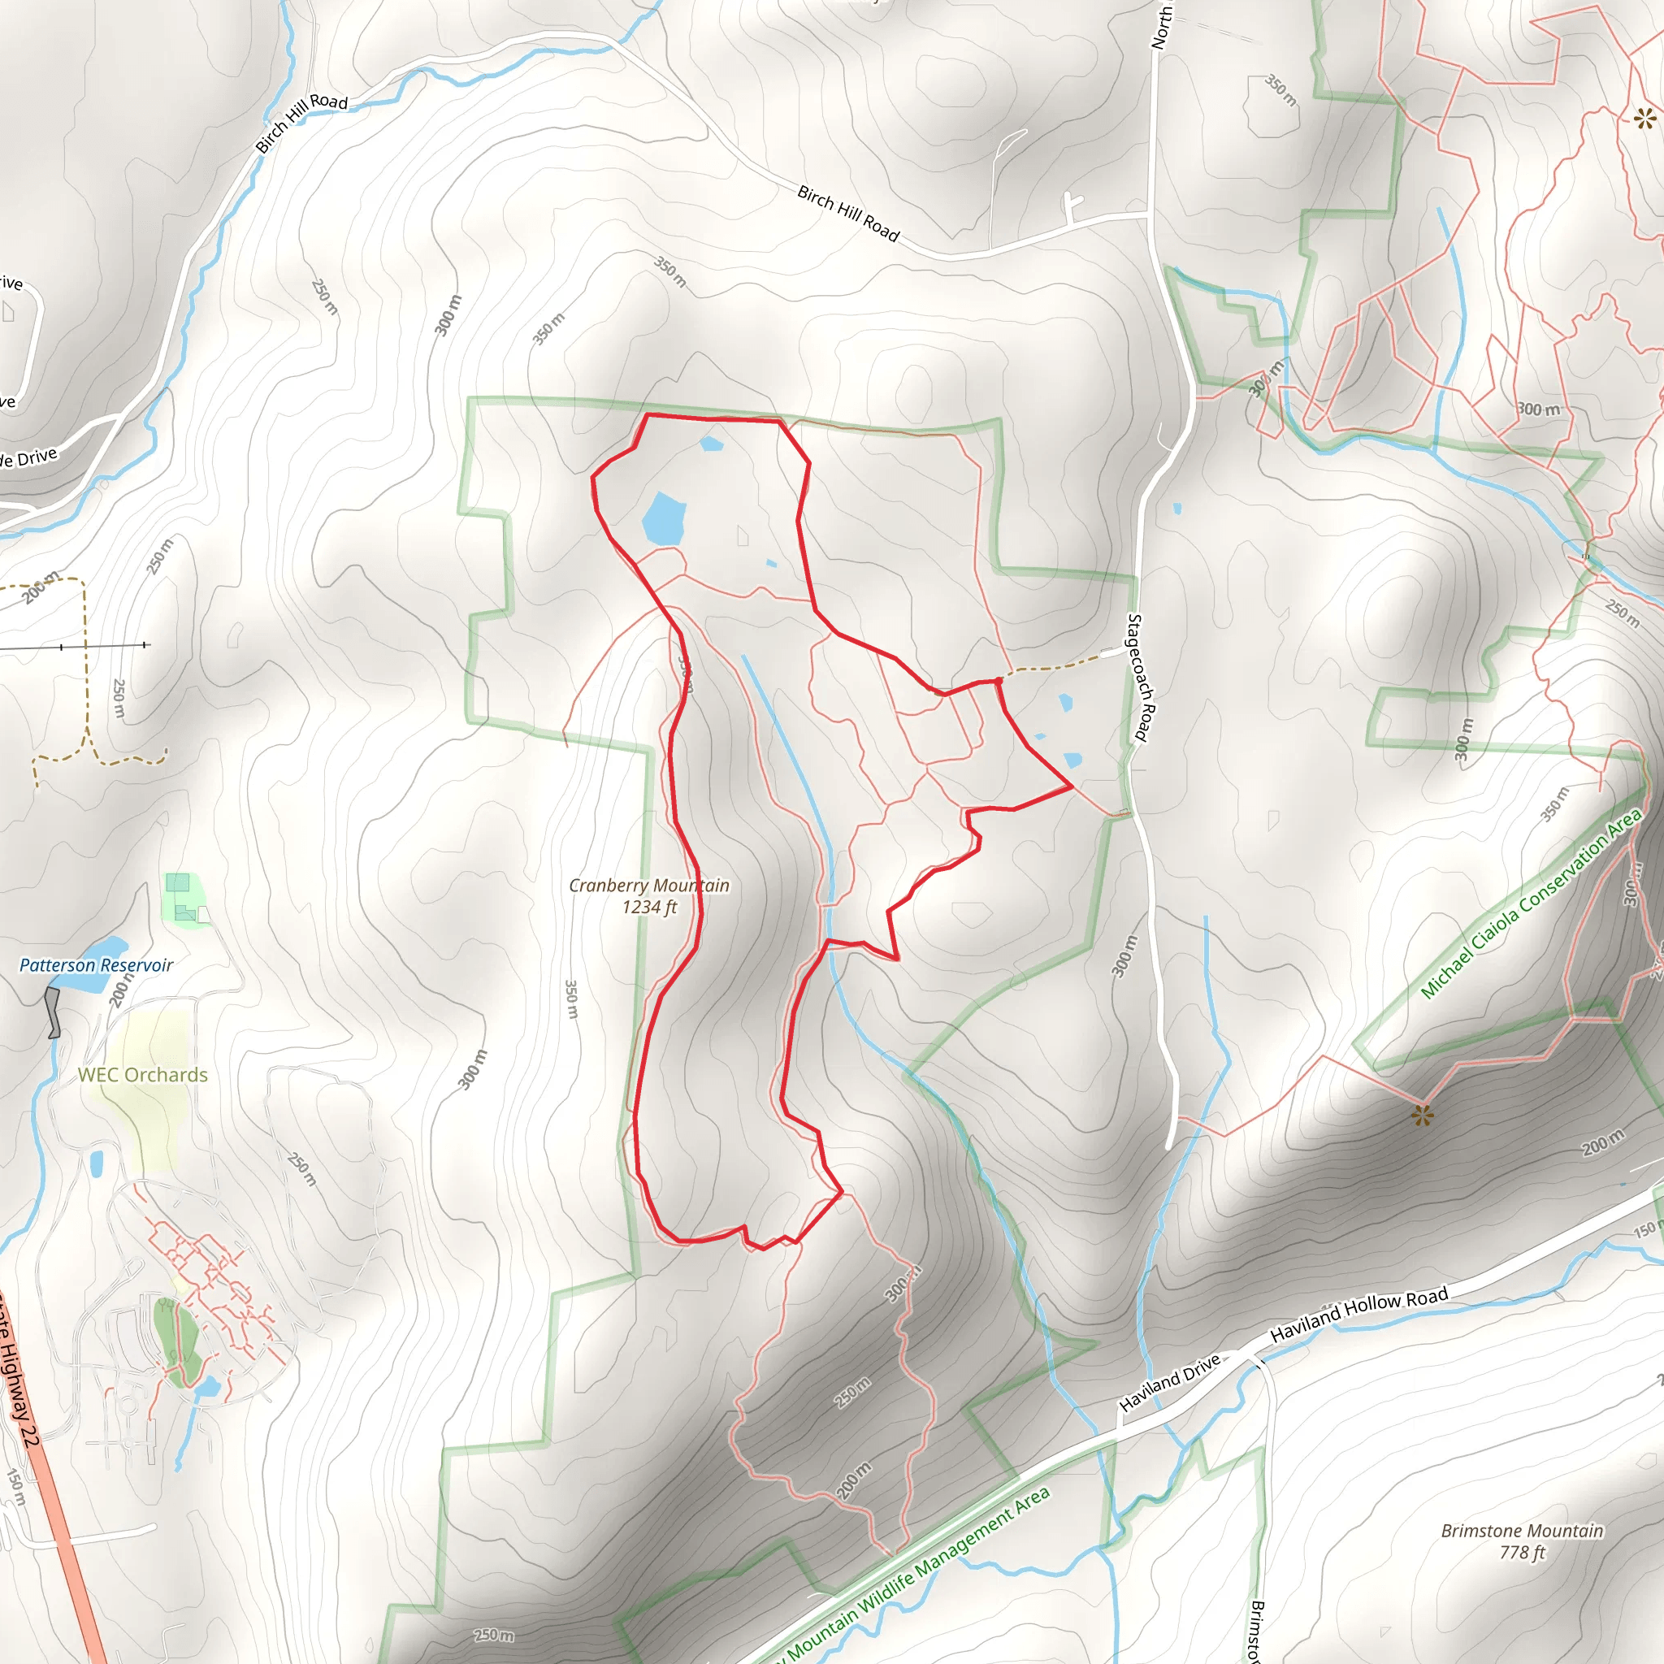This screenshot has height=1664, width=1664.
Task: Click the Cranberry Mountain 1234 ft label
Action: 648,895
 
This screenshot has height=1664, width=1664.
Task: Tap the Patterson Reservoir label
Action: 97,965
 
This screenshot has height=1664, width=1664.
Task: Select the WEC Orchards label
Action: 143,1075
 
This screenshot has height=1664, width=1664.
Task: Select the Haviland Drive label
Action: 1170,1383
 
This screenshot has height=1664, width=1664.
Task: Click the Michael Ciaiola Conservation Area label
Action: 1531,903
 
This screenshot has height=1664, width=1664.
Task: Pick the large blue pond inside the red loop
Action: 663,519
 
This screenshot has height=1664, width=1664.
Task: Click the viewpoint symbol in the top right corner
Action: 1644,118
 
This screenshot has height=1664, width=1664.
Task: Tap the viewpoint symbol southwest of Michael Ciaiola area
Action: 1422,1116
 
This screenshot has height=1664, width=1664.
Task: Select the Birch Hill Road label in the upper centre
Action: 847,214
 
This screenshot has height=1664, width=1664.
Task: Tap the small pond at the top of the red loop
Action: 712,444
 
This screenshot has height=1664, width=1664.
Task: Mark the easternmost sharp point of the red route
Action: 1072,786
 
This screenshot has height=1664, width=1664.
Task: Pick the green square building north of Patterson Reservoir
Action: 177,882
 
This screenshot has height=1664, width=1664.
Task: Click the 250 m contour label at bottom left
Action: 494,1635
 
